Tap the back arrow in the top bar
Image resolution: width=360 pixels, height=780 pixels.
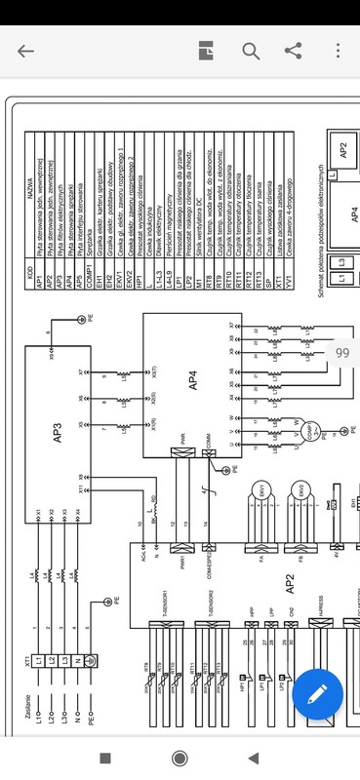[x=26, y=52]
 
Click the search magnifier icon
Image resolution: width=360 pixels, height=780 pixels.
[x=251, y=52]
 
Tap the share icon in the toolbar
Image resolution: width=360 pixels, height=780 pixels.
[x=292, y=52]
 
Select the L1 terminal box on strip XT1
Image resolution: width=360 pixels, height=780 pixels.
[x=39, y=663]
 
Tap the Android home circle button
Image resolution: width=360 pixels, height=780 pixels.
[x=180, y=758]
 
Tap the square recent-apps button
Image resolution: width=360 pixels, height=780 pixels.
[x=105, y=758]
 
